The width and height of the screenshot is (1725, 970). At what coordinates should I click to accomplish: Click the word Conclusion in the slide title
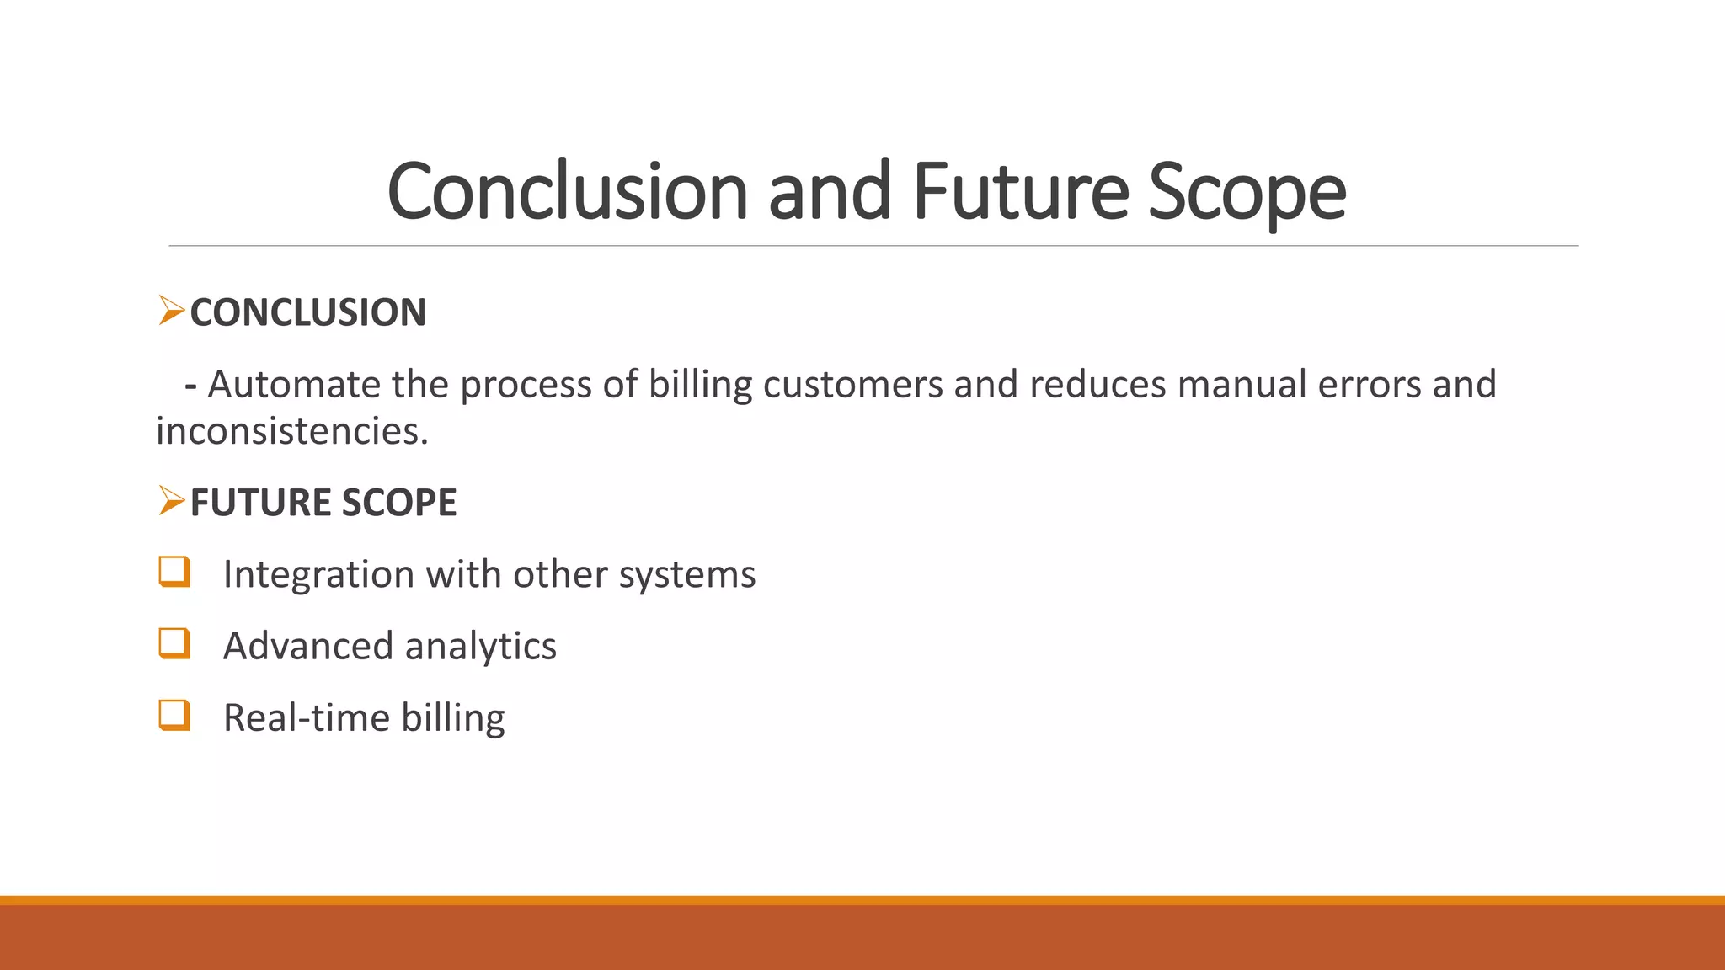pos(567,192)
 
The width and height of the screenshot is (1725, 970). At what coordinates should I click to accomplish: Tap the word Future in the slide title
pos(1020,192)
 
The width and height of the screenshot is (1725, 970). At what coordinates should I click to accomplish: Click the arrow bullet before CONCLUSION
pos(171,312)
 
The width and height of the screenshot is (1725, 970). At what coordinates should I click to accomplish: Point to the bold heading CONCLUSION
pos(307,312)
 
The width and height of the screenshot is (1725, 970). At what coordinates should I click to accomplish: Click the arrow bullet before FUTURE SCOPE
pos(171,502)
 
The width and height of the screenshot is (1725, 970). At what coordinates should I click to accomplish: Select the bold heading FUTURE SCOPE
pos(323,503)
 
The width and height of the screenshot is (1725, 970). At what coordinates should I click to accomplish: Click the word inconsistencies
pos(291,431)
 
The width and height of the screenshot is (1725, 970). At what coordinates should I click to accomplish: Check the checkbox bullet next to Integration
pos(174,572)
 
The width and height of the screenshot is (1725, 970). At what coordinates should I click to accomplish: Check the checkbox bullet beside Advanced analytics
pos(174,643)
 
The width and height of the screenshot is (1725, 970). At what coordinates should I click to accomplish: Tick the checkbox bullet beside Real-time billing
pos(174,716)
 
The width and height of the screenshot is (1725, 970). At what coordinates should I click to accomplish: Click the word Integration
pos(318,575)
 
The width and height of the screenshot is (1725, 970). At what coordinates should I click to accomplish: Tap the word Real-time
pos(307,718)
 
